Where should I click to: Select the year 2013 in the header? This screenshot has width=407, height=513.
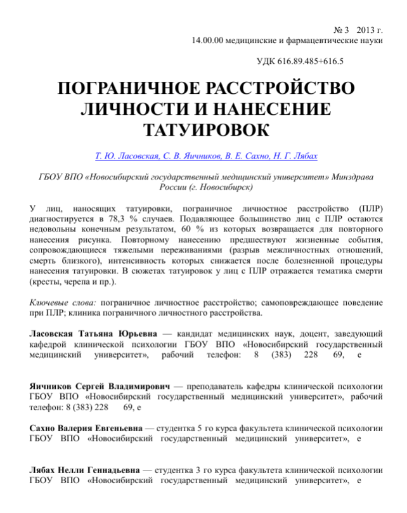coord(367,30)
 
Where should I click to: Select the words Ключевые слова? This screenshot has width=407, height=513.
coord(63,302)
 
